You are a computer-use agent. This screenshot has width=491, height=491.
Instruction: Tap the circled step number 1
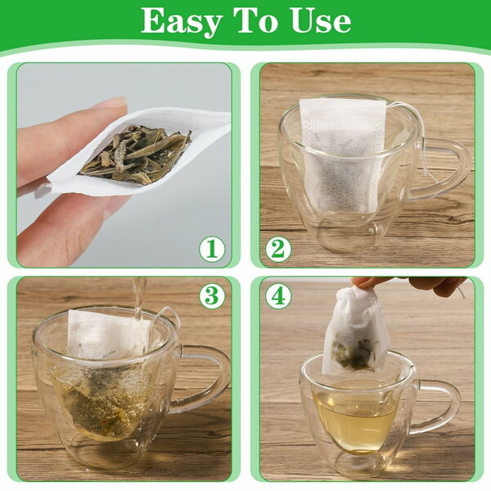pyautogui.click(x=212, y=248)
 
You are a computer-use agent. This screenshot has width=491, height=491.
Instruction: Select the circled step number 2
pyautogui.click(x=278, y=248)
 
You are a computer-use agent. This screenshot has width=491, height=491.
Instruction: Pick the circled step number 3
pyautogui.click(x=212, y=295)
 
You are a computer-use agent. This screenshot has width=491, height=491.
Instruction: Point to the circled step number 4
pyautogui.click(x=278, y=295)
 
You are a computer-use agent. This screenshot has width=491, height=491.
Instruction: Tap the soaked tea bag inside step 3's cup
pyautogui.click(x=106, y=385)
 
